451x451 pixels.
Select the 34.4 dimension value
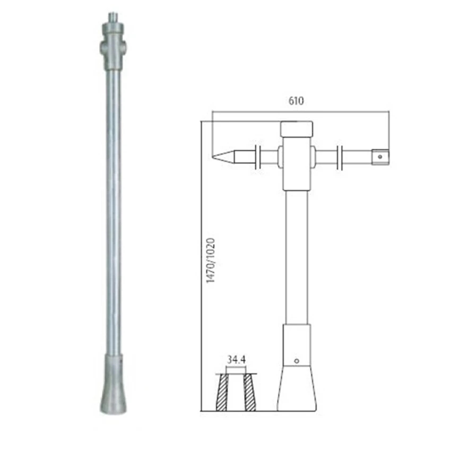click(236, 359)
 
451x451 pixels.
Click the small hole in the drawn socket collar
click(297, 361)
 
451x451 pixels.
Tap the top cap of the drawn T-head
click(297, 129)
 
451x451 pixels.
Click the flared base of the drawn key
click(297, 390)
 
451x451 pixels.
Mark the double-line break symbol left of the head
click(257, 157)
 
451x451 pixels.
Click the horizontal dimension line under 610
click(300, 112)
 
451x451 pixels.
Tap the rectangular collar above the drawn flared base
click(297, 345)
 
